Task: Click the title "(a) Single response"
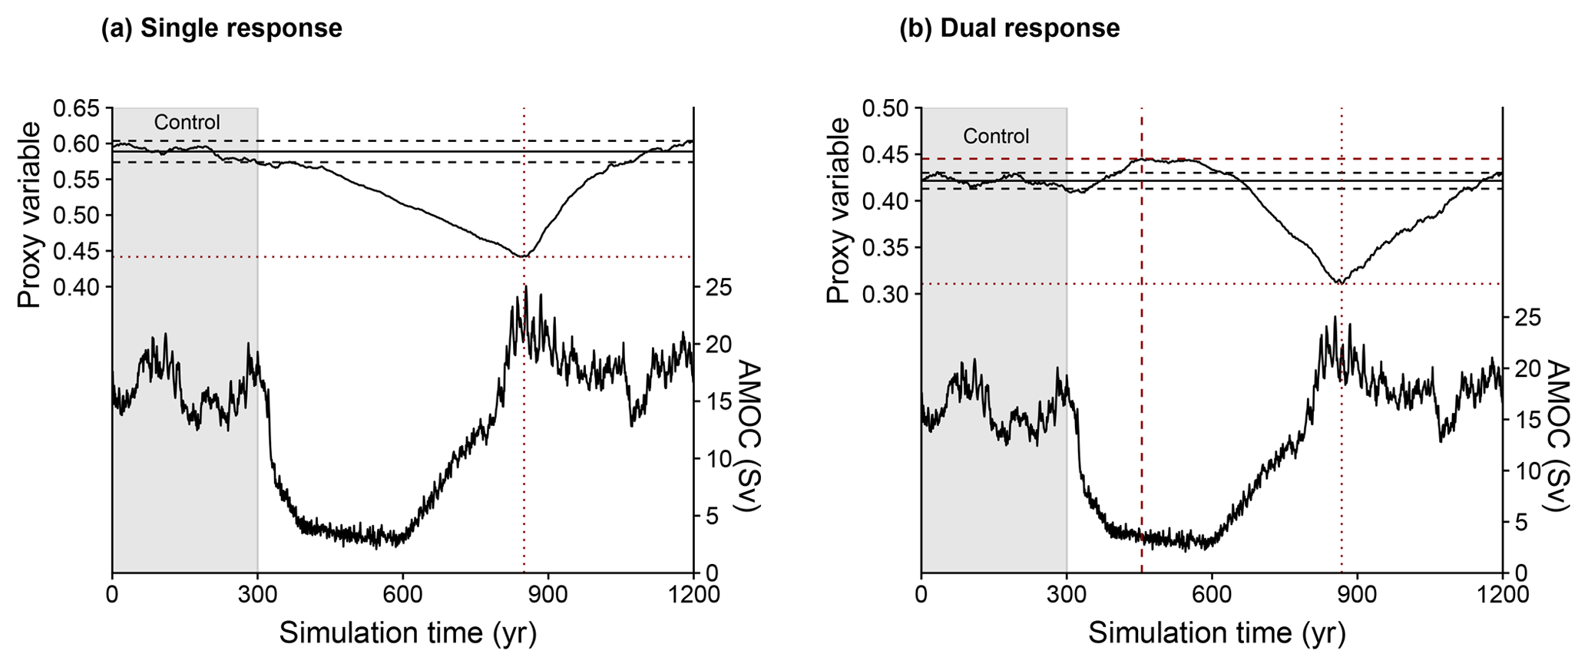tap(221, 28)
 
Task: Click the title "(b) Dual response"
tap(1009, 28)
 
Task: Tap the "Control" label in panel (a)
tap(187, 123)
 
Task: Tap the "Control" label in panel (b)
tap(996, 137)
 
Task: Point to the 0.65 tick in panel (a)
tap(76, 108)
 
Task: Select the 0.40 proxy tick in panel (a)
tap(76, 287)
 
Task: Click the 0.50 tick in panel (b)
tap(885, 108)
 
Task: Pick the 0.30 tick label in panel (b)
tap(885, 294)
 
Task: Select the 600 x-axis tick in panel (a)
tap(402, 595)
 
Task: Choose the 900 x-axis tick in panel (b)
tap(1357, 595)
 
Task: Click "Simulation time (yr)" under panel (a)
tap(407, 633)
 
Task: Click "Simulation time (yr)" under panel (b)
tap(1216, 633)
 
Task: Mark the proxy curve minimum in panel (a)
tap(522, 256)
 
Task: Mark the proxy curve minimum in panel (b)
tap(1340, 283)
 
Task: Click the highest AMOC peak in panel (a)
tap(526, 286)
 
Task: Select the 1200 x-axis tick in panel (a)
tap(693, 595)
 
